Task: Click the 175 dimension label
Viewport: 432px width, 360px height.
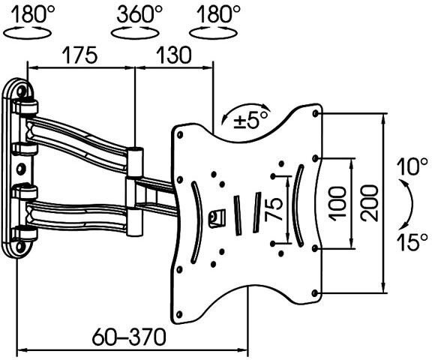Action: (80, 55)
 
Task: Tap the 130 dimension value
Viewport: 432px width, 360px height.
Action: (173, 55)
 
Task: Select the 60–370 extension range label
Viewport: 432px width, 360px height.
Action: (129, 337)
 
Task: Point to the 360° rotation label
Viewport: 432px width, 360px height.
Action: (139, 14)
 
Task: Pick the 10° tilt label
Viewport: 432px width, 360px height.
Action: (412, 166)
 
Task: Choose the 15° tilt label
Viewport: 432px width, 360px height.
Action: (412, 241)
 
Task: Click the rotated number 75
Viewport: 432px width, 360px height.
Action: (274, 209)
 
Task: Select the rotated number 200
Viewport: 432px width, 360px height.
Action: (369, 203)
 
